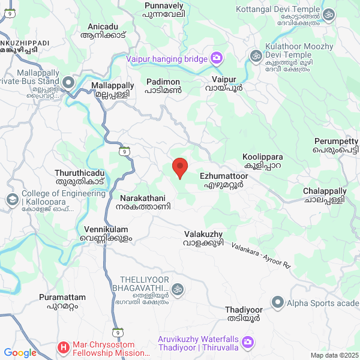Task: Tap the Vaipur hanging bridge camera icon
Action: [x=216, y=59]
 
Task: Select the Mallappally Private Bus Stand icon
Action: [x=68, y=82]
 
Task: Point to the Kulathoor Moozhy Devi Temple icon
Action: [x=255, y=56]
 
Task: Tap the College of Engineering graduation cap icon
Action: [x=12, y=199]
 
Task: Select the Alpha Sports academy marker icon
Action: [x=278, y=302]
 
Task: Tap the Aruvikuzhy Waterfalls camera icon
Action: [x=248, y=343]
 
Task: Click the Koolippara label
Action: [x=262, y=161]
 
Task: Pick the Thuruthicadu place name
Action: [x=79, y=176]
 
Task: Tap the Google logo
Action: [x=20, y=353]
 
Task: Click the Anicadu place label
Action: [x=104, y=31]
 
